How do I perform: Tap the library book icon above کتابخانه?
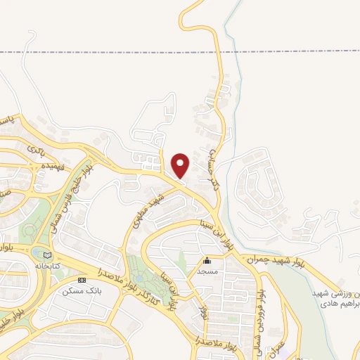click(x=47, y=255)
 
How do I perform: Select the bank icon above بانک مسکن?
click(x=82, y=281)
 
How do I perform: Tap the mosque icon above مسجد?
click(x=206, y=261)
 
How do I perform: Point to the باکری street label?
click(x=34, y=150)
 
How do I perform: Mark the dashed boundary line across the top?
click(x=105, y=52)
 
